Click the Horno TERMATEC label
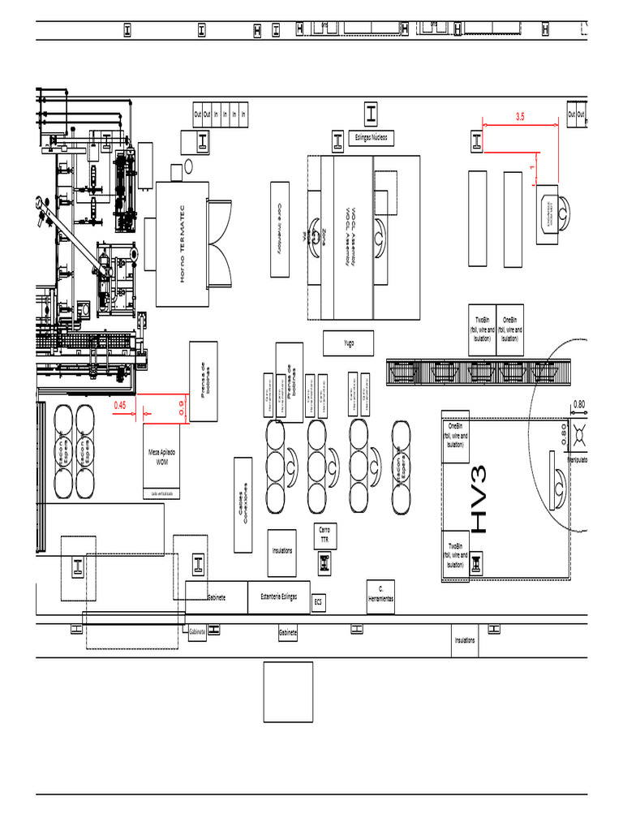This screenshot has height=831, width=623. coord(183,243)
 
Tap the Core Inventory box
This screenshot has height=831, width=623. coord(280,229)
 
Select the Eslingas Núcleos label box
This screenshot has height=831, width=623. coord(371,137)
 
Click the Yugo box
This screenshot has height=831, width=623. coord(348,343)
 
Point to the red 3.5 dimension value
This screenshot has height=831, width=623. coord(520,117)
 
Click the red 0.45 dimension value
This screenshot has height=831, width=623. coord(120,404)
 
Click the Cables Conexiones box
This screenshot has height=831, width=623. coord(242,505)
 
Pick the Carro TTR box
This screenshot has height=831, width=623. coord(324,535)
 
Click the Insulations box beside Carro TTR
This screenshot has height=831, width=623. coord(282,550)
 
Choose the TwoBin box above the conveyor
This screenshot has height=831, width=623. coord(482,330)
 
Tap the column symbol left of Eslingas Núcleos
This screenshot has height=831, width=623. coord(337,141)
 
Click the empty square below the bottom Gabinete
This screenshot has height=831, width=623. coord(288,691)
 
